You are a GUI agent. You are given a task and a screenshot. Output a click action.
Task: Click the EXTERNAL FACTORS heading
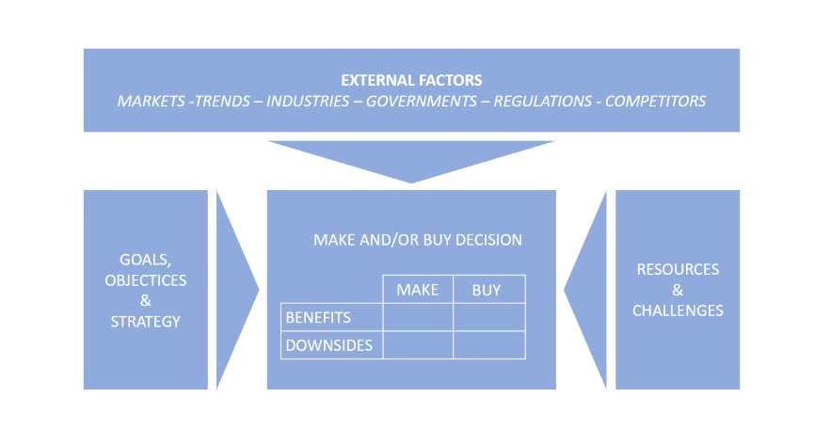pyautogui.click(x=411, y=80)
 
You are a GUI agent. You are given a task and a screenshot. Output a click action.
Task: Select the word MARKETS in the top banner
pyautogui.click(x=151, y=101)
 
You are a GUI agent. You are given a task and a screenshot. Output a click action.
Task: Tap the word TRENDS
pyautogui.click(x=222, y=101)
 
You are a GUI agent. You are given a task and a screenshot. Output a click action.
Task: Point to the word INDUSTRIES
pyautogui.click(x=308, y=101)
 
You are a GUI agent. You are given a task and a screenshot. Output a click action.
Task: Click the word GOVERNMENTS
pyautogui.click(x=422, y=101)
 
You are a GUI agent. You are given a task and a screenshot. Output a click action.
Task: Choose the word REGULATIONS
pyautogui.click(x=543, y=101)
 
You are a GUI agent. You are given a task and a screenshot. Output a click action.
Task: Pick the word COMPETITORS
pyautogui.click(x=655, y=101)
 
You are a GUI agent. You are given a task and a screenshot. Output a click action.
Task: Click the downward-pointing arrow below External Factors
pyautogui.click(x=411, y=159)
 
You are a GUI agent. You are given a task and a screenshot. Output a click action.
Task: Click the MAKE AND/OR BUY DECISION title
pyautogui.click(x=418, y=240)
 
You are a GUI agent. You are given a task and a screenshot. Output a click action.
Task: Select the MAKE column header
pyautogui.click(x=417, y=290)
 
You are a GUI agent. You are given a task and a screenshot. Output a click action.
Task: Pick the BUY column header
pyautogui.click(x=487, y=290)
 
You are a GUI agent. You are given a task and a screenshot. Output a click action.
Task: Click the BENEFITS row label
pyautogui.click(x=318, y=317)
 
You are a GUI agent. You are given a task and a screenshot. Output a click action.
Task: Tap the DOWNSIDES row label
pyautogui.click(x=329, y=345)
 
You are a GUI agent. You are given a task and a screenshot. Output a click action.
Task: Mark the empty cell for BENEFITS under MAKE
pyautogui.click(x=418, y=317)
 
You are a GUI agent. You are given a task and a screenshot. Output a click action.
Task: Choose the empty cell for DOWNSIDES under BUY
pyautogui.click(x=489, y=345)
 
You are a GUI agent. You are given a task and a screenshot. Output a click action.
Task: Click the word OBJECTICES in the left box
pyautogui.click(x=146, y=280)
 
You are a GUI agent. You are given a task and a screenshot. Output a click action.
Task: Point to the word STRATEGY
pyautogui.click(x=146, y=322)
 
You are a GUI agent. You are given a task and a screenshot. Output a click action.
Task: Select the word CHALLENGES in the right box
pyautogui.click(x=678, y=310)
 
